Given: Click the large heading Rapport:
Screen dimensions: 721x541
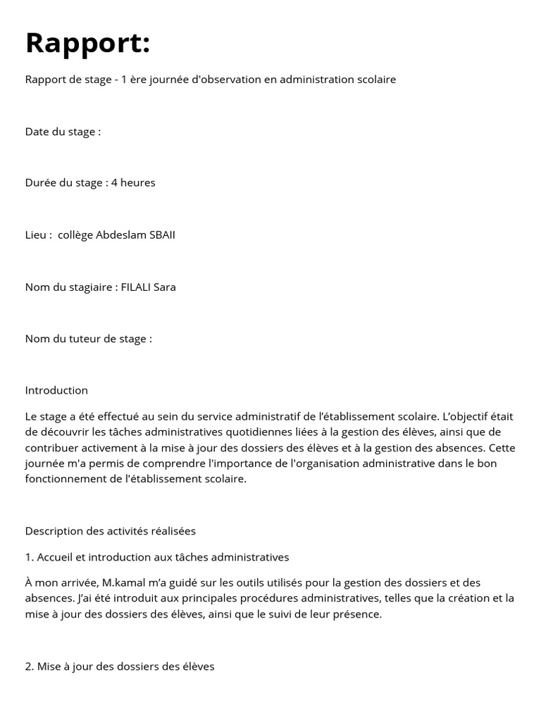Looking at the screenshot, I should point(87,43).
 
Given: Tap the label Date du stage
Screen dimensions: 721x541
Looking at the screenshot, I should point(63,132).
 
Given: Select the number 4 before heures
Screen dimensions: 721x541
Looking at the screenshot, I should point(114,182).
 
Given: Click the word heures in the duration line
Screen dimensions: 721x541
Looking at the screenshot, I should point(138,182).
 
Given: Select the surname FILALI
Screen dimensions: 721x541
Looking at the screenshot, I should point(137,287).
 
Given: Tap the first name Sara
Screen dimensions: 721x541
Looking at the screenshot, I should point(166,287).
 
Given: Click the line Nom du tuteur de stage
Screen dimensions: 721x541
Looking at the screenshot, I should point(88,339).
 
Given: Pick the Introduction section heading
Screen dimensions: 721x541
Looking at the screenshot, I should point(56,390).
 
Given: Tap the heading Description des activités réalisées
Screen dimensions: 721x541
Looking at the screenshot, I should point(110,530).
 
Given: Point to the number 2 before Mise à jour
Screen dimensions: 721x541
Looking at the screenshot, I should point(28,665).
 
